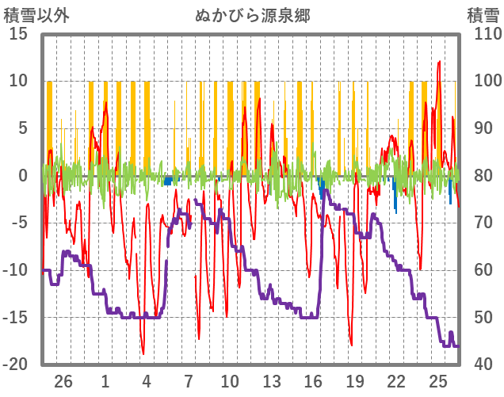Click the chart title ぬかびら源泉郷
[x=252, y=16]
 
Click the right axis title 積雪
[x=483, y=16]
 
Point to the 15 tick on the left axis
[x=19, y=34]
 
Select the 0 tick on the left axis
[x=23, y=176]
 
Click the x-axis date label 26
[x=63, y=380]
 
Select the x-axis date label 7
[x=189, y=380]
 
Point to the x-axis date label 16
[x=313, y=380]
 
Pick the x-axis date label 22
[x=396, y=380]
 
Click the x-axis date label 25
[x=438, y=380]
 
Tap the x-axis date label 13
[x=272, y=380]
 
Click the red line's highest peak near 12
[x=439, y=62]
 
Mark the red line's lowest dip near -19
[x=143, y=353]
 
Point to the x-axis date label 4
[x=147, y=380]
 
